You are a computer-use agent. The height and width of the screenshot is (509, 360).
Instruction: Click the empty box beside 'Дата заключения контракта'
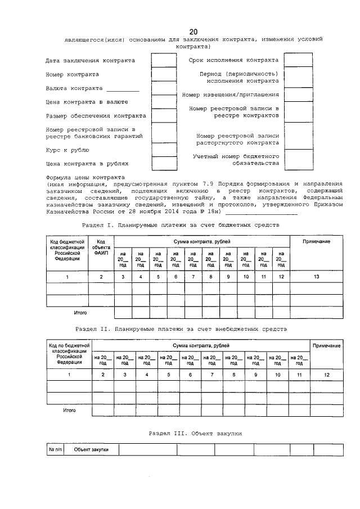(164, 60)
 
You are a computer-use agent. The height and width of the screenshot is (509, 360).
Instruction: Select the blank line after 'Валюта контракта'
(122, 89)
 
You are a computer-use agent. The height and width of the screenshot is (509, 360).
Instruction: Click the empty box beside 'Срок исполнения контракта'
(298, 60)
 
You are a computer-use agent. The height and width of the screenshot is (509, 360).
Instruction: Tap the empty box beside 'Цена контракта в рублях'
(164, 164)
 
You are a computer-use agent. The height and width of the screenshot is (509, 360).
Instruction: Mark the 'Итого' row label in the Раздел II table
(69, 411)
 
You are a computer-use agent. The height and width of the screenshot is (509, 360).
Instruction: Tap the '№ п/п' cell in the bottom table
(55, 449)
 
